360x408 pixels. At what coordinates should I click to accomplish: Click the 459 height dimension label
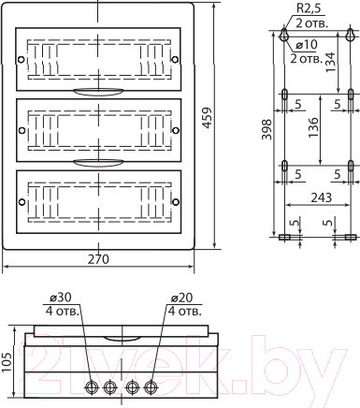207,118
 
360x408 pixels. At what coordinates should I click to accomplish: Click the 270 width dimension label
98,259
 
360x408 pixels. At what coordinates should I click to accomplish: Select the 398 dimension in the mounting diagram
266,129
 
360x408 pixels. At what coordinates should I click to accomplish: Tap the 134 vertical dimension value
331,63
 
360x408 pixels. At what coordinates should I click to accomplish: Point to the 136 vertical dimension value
313,127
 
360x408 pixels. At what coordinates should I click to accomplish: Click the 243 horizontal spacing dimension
322,197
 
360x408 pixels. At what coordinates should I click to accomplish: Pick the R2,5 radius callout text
309,8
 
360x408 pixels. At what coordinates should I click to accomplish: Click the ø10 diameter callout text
307,45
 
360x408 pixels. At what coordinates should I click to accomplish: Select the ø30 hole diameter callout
61,298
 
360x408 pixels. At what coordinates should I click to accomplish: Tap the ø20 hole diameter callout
182,298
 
